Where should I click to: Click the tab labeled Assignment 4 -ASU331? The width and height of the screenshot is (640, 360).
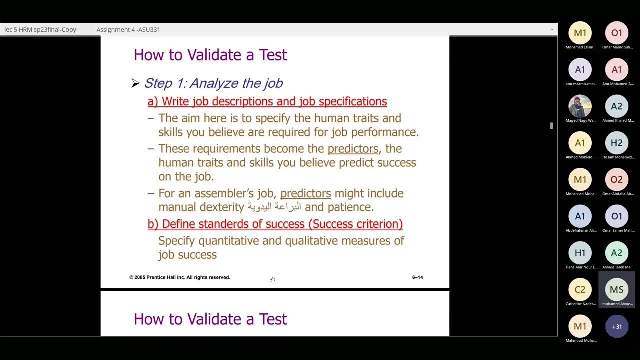128,30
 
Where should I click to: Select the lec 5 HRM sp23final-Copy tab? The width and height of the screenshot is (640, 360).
40,30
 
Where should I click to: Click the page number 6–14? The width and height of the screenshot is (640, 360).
417,277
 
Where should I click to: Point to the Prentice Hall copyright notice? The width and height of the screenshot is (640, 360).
180,277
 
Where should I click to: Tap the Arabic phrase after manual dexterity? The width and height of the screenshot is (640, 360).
274,207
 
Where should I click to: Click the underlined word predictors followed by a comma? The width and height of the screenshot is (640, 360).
353,149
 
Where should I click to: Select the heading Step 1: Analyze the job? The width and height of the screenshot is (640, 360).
213,83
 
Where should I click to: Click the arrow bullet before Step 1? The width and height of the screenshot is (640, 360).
135,83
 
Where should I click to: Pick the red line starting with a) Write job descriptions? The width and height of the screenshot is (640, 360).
267,102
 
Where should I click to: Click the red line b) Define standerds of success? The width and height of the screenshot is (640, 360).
275,224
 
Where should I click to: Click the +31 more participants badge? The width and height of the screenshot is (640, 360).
617,327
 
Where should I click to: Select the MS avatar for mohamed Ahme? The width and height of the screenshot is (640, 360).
617,290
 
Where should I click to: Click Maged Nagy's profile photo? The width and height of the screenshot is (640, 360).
580,106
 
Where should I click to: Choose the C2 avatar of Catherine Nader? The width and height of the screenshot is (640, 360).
580,290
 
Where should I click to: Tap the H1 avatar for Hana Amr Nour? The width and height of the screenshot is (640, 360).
580,253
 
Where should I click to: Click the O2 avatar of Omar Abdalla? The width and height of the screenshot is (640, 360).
617,180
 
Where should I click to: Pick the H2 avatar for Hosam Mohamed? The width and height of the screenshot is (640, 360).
617,143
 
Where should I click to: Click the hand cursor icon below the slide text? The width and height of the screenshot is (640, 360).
273,280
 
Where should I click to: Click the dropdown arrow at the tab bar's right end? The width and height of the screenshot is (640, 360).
552,29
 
